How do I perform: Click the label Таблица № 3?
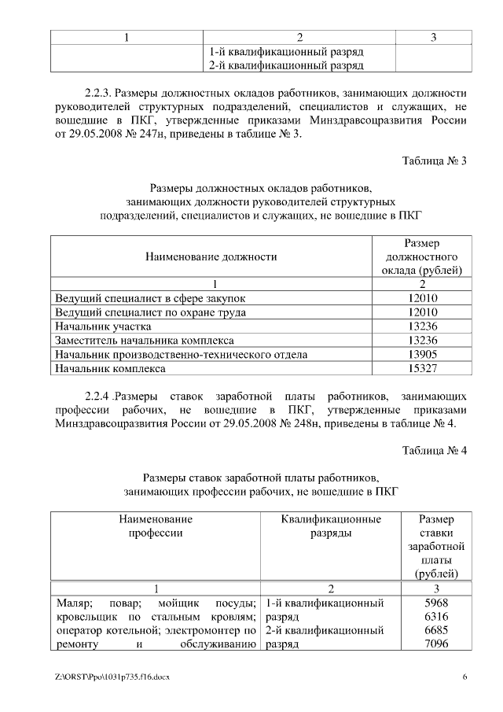pos(435,162)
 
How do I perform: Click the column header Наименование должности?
pos(211,256)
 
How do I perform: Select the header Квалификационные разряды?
pos(331,526)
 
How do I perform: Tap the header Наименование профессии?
pos(156,526)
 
